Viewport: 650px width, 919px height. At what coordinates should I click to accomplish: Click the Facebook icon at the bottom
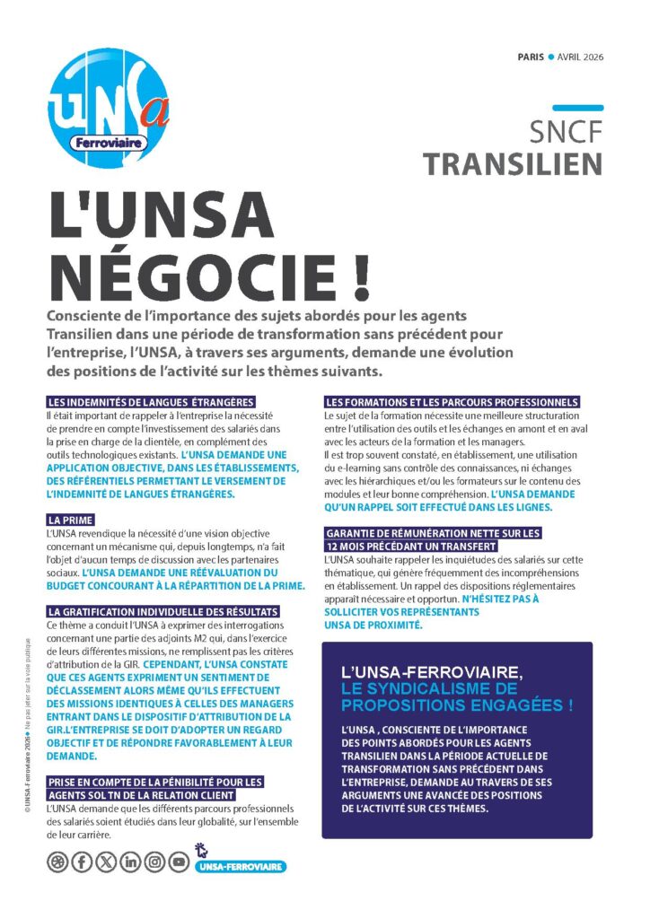pos(82,862)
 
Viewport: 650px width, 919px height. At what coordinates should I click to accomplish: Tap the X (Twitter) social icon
pos(106,862)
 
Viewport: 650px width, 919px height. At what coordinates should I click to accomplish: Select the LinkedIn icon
pos(131,862)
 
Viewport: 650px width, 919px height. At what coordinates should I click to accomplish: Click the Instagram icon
pos(155,862)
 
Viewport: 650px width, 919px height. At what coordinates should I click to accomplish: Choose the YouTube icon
pos(180,862)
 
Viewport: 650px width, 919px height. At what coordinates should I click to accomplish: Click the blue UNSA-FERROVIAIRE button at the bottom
pos(239,867)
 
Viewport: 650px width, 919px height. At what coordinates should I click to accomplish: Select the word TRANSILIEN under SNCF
pos(513,163)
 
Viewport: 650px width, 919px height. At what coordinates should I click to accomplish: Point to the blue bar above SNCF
pos(577,108)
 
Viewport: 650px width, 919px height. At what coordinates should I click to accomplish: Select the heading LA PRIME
pos(68,520)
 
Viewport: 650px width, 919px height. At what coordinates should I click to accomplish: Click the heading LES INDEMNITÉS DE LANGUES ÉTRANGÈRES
pos(152,401)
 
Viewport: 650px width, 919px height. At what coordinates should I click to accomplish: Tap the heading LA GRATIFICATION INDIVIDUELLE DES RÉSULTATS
pos(162,612)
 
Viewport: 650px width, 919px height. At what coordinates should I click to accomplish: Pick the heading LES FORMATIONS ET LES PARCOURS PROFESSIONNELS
pos(452,401)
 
